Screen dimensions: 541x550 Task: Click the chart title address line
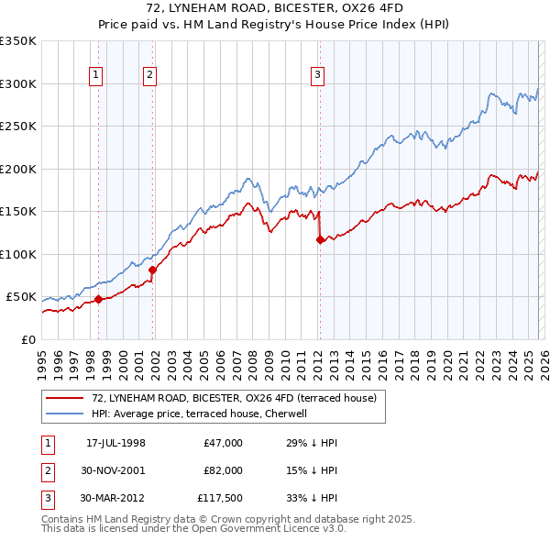coord(275,7)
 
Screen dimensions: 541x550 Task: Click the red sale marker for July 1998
coord(98,299)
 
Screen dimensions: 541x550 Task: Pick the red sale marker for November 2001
coord(153,270)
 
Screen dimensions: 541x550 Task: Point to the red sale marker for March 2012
coord(320,239)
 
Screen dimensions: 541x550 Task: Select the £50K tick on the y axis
coord(22,297)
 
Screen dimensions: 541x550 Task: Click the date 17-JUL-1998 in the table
coord(115,443)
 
